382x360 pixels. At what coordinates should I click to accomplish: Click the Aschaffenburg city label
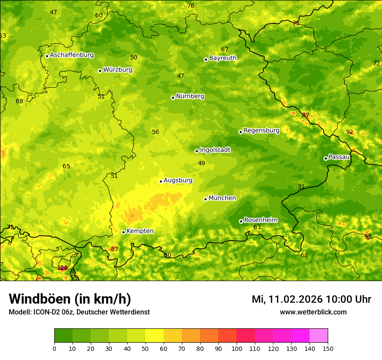(x=72, y=55)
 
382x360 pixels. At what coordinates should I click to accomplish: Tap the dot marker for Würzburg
(x=100, y=71)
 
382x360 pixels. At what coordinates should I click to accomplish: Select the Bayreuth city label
(x=223, y=58)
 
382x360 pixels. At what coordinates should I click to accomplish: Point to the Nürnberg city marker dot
(x=173, y=98)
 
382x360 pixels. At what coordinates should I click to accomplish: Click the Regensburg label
(x=261, y=130)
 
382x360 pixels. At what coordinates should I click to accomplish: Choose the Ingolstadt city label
(x=215, y=150)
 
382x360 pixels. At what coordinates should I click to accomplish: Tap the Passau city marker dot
(x=326, y=158)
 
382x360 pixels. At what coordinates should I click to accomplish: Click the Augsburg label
(x=178, y=180)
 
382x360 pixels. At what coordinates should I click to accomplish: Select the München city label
(x=222, y=198)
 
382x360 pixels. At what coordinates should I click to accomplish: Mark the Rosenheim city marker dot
(x=241, y=221)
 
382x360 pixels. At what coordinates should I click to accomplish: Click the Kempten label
(x=140, y=231)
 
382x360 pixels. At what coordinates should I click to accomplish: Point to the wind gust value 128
(x=63, y=268)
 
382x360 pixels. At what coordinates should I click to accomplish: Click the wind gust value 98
(x=368, y=236)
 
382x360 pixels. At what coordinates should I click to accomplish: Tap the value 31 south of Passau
(x=301, y=187)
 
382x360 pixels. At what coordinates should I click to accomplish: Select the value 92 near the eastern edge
(x=349, y=132)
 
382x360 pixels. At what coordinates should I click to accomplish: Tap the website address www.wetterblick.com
(x=313, y=312)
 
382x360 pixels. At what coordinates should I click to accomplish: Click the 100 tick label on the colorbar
(x=237, y=348)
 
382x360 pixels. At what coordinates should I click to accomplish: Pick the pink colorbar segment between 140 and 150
(x=319, y=335)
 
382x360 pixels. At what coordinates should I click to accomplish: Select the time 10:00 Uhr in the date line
(x=347, y=299)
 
